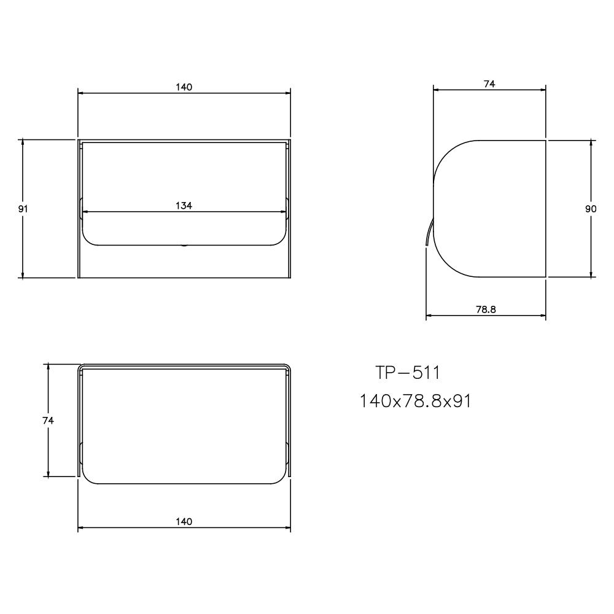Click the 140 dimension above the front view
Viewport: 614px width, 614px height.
(184, 87)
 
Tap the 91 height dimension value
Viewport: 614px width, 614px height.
(23, 209)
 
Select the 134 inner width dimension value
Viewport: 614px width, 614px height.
(184, 206)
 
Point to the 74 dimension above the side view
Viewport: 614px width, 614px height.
(489, 84)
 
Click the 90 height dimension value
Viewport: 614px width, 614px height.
(591, 209)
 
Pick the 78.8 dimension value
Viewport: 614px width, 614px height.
(486, 309)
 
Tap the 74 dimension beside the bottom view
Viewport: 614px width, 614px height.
(48, 421)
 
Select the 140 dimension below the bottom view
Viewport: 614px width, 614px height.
(184, 521)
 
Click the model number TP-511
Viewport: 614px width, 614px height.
(408, 373)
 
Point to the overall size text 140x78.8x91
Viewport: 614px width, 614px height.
(415, 401)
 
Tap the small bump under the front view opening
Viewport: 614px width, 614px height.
(184, 246)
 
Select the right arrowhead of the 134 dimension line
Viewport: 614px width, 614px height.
(284, 212)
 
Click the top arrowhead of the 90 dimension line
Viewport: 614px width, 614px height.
(591, 142)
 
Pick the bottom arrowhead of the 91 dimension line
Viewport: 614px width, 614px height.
(23, 274)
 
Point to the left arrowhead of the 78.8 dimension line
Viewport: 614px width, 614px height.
(429, 316)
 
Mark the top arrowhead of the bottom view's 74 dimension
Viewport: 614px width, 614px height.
(48, 366)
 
